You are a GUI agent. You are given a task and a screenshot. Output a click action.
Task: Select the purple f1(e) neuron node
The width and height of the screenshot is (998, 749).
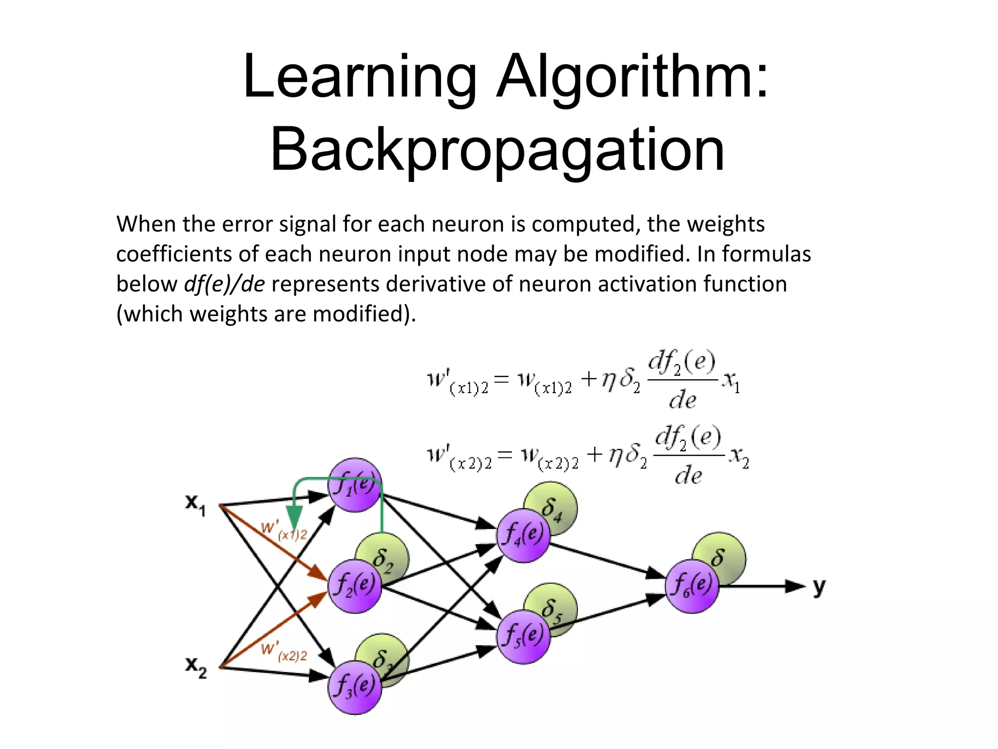click(x=355, y=485)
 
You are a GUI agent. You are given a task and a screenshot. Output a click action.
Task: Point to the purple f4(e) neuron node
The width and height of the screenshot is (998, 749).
click(x=523, y=535)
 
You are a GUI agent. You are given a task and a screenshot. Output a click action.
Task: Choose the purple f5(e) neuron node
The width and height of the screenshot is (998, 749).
click(x=523, y=636)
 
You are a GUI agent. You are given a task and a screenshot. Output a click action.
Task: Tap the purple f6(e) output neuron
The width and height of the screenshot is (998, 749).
click(x=692, y=586)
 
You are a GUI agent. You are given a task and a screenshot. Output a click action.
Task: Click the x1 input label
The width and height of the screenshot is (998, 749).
click(x=195, y=504)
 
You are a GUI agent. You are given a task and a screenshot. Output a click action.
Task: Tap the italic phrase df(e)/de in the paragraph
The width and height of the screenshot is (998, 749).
click(x=225, y=284)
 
